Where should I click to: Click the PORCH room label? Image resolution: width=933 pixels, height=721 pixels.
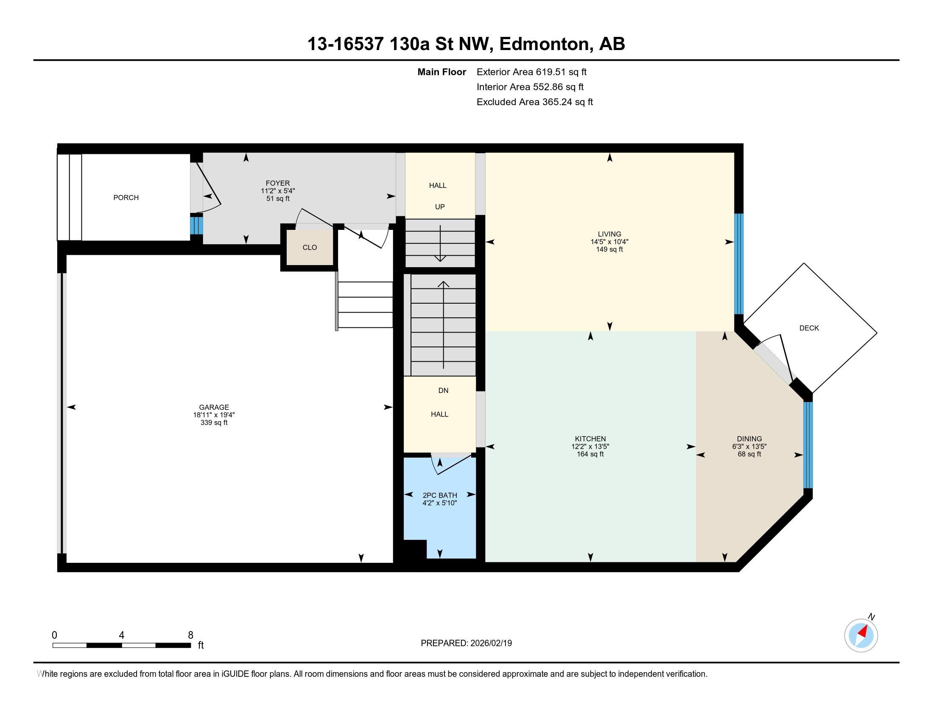pos(126,198)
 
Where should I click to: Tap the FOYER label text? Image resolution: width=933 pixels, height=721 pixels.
pos(278,183)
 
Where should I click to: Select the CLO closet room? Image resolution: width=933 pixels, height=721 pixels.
pos(310,247)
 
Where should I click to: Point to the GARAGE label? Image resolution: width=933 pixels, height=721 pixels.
pos(214,408)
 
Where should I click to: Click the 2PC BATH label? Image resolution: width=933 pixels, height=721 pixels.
pos(440,495)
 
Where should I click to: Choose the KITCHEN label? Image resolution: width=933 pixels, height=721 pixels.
pos(590,439)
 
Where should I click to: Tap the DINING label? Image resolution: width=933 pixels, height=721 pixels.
pos(749,439)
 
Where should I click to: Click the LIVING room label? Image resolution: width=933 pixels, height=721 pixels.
pos(609,234)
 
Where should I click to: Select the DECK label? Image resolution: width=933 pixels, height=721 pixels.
pos(809,328)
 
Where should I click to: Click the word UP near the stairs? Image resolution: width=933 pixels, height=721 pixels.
pos(440,207)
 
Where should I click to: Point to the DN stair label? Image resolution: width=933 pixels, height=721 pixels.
pos(444,390)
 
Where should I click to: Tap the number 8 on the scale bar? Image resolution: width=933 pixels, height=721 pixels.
pos(190,635)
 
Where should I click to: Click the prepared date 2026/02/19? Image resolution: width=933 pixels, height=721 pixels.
pos(490,643)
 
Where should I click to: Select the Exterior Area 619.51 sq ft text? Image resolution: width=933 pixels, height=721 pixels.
pos(532,72)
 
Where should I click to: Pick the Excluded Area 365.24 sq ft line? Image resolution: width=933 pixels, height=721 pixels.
pos(535,102)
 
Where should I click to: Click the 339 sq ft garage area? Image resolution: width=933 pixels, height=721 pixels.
pos(214,423)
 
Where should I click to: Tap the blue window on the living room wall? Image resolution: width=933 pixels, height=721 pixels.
pos(739,264)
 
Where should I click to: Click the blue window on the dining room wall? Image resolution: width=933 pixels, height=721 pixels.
pos(808,444)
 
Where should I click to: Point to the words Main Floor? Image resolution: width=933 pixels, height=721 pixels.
pos(442,72)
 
